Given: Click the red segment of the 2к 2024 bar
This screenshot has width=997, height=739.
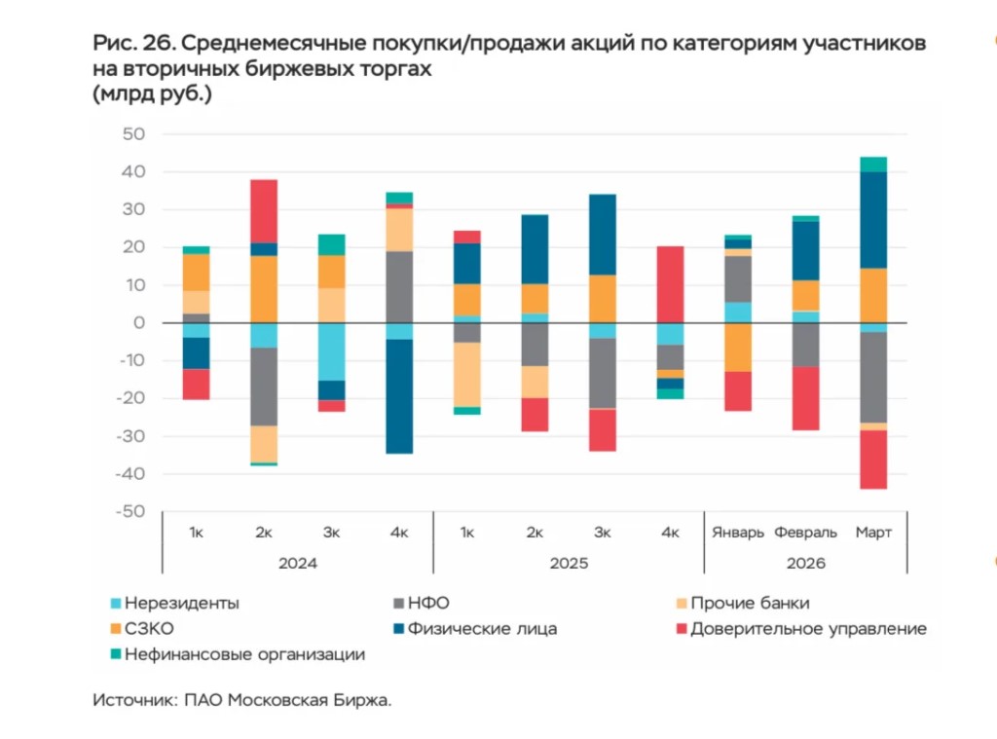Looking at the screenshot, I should tap(264, 210).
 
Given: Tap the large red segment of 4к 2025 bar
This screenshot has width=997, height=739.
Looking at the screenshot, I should tap(670, 284).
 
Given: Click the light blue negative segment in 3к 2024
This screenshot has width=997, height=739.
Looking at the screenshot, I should tap(331, 351).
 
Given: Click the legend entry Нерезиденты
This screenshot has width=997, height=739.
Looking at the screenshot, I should tap(181, 603).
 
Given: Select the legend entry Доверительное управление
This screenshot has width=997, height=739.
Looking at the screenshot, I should tap(807, 628).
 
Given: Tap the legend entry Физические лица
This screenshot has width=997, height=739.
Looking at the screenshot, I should tap(484, 628).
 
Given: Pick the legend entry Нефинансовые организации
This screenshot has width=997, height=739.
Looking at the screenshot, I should tap(243, 654).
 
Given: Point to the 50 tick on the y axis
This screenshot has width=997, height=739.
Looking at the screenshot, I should tap(133, 134).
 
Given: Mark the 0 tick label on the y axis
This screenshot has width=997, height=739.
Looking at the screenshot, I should tap(139, 323).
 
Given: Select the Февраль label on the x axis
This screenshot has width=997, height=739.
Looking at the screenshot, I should tap(805, 534).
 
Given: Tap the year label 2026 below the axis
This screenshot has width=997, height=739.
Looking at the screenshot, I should tap(805, 563).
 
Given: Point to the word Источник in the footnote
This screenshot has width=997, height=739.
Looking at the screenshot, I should tap(132, 700).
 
